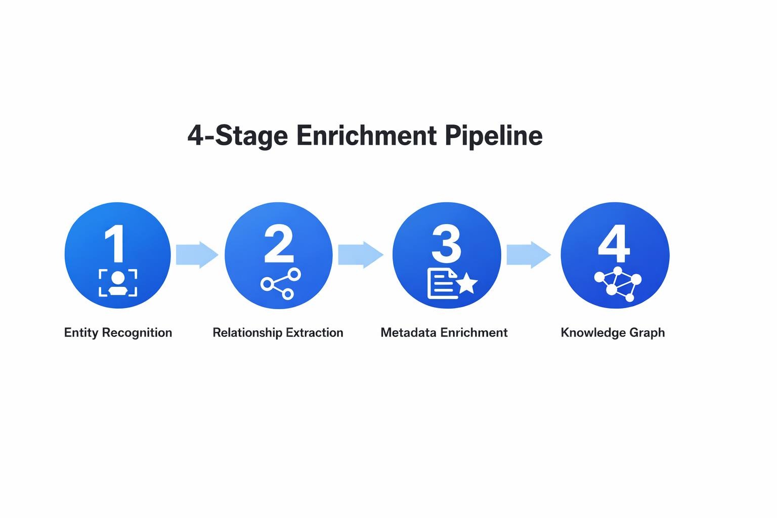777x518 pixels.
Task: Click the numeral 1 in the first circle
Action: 115,244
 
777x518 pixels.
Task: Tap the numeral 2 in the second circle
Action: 279,244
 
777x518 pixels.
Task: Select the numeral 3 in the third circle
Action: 446,244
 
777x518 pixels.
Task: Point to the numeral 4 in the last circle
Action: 614,244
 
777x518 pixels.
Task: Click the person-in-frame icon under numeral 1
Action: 118,283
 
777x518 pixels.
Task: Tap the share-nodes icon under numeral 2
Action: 281,284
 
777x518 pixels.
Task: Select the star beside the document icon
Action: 467,283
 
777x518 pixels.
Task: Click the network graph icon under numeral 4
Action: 617,284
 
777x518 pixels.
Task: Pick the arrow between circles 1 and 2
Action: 197,254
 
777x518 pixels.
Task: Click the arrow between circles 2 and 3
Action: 360,254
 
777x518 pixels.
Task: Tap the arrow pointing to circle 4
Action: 528,254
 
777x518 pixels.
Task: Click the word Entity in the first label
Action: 81,333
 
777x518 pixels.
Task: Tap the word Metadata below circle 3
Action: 409,333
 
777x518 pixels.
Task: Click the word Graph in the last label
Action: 647,333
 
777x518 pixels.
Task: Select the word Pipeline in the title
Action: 494,136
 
